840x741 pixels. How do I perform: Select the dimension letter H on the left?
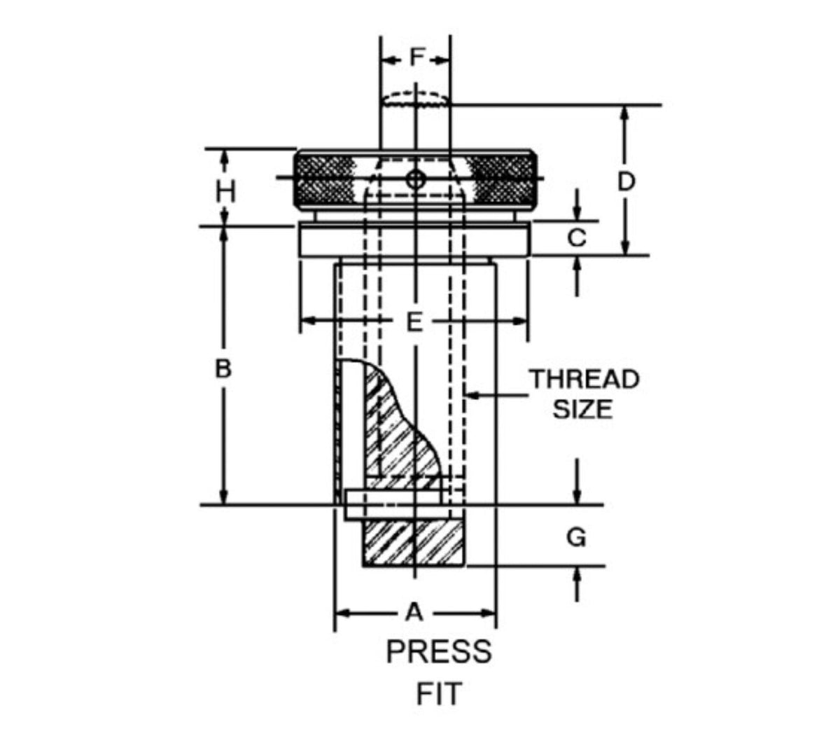pyautogui.click(x=225, y=191)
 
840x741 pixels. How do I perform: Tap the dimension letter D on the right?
pyautogui.click(x=626, y=182)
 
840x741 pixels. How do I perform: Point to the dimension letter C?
pyautogui.click(x=576, y=239)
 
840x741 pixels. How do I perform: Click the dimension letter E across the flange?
pyautogui.click(x=414, y=322)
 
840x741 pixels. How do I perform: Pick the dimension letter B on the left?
pyautogui.click(x=223, y=368)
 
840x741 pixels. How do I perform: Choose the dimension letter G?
pyautogui.click(x=576, y=538)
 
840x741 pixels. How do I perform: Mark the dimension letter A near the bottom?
pyautogui.click(x=415, y=612)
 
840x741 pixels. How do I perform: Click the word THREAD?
pyautogui.click(x=584, y=379)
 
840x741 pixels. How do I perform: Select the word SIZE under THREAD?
pyautogui.click(x=583, y=409)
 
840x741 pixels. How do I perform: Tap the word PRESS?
pyautogui.click(x=439, y=652)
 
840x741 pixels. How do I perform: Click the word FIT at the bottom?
pyautogui.click(x=439, y=695)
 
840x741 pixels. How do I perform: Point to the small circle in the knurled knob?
pyautogui.click(x=416, y=179)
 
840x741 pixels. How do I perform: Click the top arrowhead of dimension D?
pyautogui.click(x=626, y=112)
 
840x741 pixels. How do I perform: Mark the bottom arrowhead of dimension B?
pyautogui.click(x=224, y=498)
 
